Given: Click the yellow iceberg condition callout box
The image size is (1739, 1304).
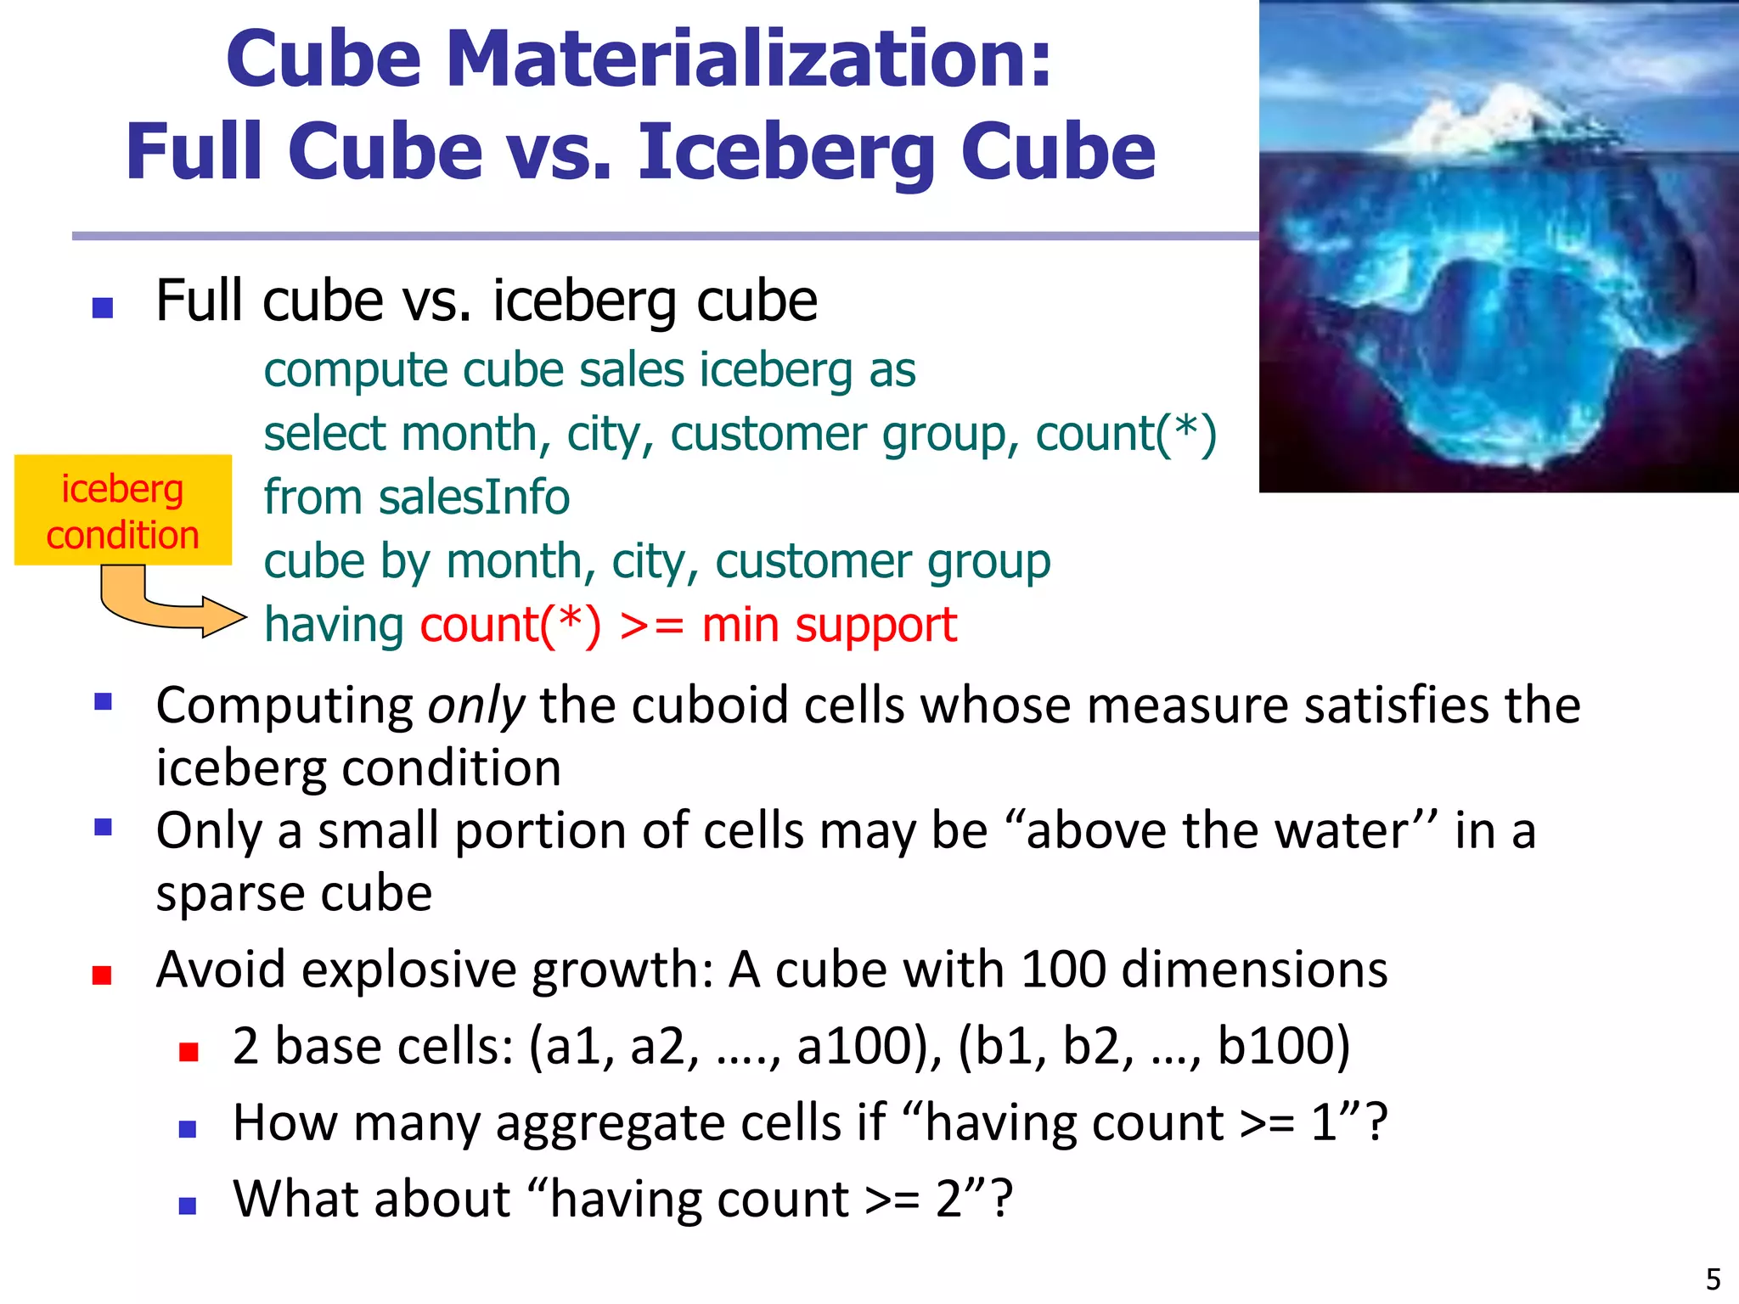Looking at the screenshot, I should tap(123, 510).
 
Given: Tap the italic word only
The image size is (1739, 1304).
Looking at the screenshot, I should tap(476, 706).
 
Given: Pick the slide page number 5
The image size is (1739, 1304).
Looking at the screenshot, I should tap(1713, 1279).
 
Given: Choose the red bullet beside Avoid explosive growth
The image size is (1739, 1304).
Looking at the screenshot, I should tap(103, 975).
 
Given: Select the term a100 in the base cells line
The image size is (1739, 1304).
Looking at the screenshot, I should tap(864, 1047).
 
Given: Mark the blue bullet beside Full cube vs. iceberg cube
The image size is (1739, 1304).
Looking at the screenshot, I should tap(103, 307).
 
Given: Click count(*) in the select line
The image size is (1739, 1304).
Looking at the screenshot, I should tap(1125, 434).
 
